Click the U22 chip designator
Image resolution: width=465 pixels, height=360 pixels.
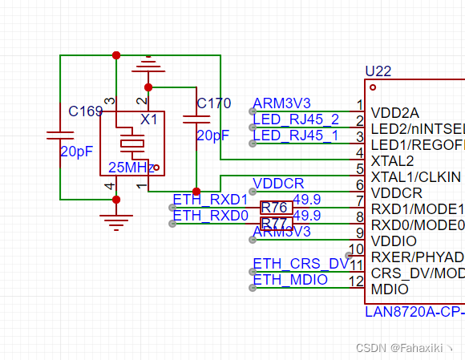(x=378, y=71)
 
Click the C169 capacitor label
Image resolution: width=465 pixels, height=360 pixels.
(x=85, y=111)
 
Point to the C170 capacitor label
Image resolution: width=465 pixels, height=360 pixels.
(x=213, y=103)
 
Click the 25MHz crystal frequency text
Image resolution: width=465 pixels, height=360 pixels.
(x=131, y=168)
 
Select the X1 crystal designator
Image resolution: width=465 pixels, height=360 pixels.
(x=149, y=119)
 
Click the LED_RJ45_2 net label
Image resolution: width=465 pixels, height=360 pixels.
(x=295, y=119)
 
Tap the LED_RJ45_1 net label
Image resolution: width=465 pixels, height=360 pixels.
(x=295, y=136)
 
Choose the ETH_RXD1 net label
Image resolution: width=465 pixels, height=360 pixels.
(x=210, y=200)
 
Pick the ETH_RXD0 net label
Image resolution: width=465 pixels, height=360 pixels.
(x=210, y=215)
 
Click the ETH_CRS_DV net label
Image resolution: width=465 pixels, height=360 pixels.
(x=300, y=264)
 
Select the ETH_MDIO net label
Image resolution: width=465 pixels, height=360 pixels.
(x=290, y=280)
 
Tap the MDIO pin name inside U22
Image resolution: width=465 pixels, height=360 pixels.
(x=388, y=289)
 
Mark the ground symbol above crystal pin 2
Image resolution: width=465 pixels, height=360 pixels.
(x=148, y=64)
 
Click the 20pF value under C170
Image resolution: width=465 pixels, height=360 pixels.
(x=213, y=136)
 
